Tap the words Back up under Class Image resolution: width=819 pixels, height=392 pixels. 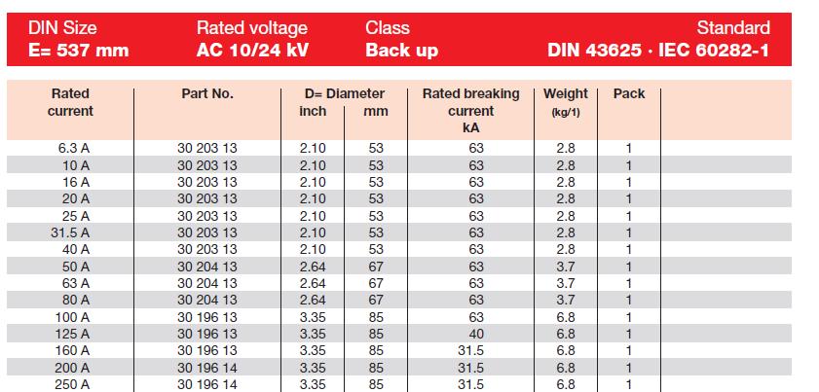coord(402,50)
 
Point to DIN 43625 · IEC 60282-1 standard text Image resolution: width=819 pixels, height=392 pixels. coord(658,50)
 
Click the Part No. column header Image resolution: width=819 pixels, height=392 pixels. coord(207,94)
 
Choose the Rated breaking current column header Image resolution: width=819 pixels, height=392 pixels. coord(471,110)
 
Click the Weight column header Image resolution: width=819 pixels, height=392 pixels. coord(566,94)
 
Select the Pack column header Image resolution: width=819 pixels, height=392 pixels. coord(629,94)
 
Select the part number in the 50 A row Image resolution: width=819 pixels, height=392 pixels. coord(207,267)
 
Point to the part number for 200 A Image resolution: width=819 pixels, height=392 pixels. coord(207,367)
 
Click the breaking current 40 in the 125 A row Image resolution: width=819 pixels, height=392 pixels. coord(476,334)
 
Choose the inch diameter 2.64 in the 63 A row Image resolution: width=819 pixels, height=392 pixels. coord(313,283)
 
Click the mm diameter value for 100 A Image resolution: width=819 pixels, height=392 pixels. coord(375,317)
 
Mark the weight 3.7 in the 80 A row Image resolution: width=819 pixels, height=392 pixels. coord(566,300)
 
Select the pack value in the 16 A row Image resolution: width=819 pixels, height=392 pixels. coord(629,182)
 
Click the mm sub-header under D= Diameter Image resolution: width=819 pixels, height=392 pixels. coord(375,111)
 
